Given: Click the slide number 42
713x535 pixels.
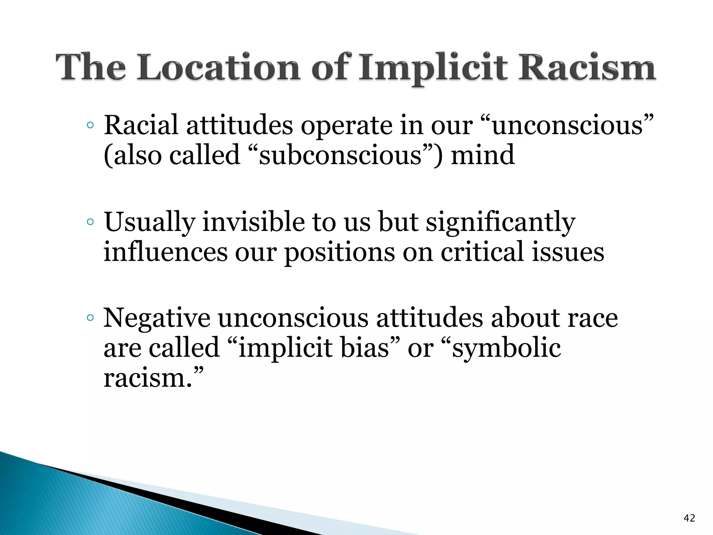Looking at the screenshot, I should pyautogui.click(x=689, y=518).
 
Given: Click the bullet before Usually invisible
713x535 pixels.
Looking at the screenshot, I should pyautogui.click(x=90, y=222).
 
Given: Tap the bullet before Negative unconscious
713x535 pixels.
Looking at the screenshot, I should pyautogui.click(x=90, y=318).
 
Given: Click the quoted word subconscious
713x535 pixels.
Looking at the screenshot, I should pyautogui.click(x=340, y=155).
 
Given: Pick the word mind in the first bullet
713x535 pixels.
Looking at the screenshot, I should pyautogui.click(x=483, y=155).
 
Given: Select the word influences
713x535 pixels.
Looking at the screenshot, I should pyautogui.click(x=165, y=251).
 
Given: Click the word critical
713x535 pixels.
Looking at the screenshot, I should pyautogui.click(x=482, y=251).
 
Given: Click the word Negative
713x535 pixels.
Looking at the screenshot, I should pyautogui.click(x=157, y=318).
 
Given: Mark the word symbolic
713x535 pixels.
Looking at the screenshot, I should pyautogui.click(x=506, y=348).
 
